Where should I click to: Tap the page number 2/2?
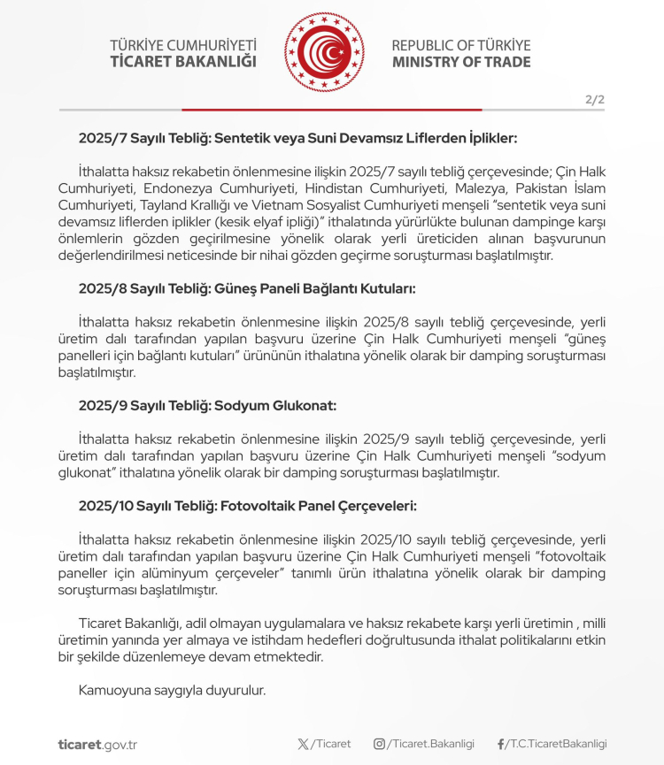click(x=594, y=99)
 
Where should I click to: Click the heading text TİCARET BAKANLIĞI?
click(x=183, y=62)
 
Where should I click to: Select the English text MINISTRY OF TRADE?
click(x=461, y=62)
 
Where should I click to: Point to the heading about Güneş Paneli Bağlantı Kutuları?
click(x=247, y=288)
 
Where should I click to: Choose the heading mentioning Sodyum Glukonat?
click(x=207, y=406)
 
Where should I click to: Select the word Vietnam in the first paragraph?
click(x=263, y=204)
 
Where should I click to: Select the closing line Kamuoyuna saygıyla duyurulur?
click(x=172, y=690)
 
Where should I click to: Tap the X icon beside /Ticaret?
click(x=304, y=744)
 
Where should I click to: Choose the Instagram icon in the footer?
click(x=379, y=744)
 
